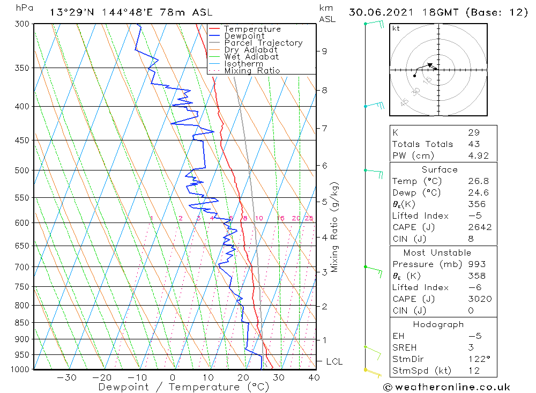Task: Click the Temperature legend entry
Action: coord(252,29)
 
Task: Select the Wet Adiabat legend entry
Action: coord(251,57)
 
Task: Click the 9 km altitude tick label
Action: coord(324,51)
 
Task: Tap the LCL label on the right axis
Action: coord(334,362)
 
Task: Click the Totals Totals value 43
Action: coord(473,144)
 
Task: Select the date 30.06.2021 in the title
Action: coord(380,12)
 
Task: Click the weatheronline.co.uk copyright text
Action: coord(446,387)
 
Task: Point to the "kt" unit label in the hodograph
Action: coord(396,28)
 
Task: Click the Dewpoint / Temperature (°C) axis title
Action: coord(183,387)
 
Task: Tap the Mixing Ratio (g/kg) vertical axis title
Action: coord(335,227)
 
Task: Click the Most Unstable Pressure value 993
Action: coord(477,264)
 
